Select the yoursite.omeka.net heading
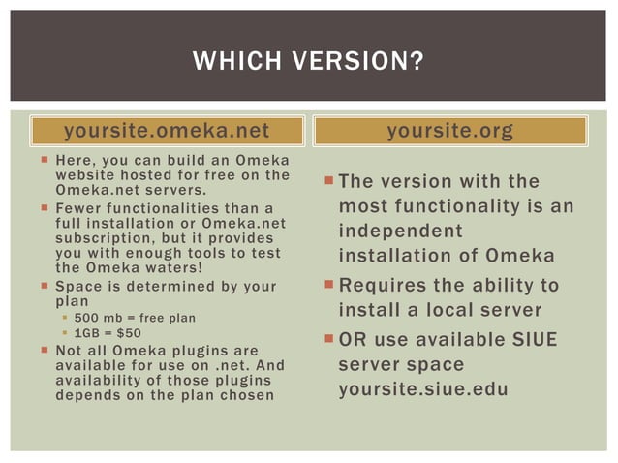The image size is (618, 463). tap(166, 131)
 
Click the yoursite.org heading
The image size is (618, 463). tap(450, 131)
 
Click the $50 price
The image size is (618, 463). tap(129, 332)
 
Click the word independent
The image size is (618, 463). tap(400, 231)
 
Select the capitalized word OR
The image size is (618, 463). tap(351, 341)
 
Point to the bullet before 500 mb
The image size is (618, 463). tap(65, 317)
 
